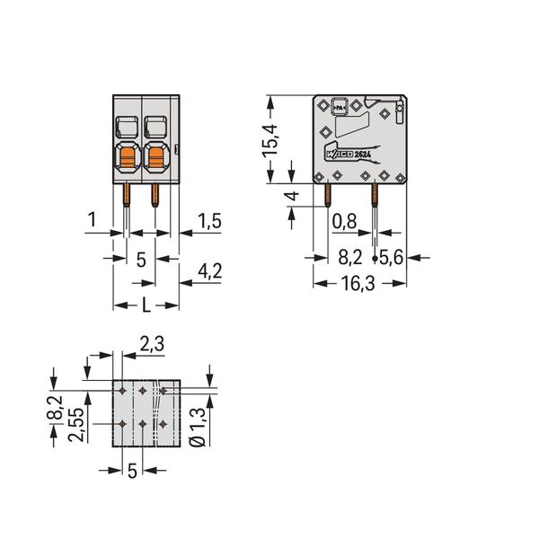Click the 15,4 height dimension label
[270, 141]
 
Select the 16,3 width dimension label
[358, 284]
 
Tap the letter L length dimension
[146, 305]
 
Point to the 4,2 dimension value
[209, 270]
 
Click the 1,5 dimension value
[209, 221]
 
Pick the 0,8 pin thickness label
[344, 221]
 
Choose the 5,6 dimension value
[391, 257]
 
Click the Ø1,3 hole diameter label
[198, 428]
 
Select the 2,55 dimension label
[75, 425]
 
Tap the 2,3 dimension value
[152, 343]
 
